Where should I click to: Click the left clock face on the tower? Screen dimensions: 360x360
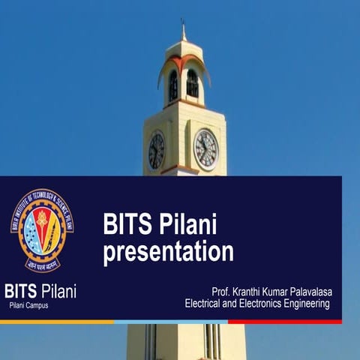coord(156,151)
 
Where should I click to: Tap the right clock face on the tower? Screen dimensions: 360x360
coord(206,149)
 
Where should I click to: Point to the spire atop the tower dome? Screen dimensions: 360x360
coord(183,31)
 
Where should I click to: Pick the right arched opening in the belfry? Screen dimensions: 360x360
coord(193,84)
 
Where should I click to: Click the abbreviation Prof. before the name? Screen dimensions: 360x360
coord(223,291)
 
